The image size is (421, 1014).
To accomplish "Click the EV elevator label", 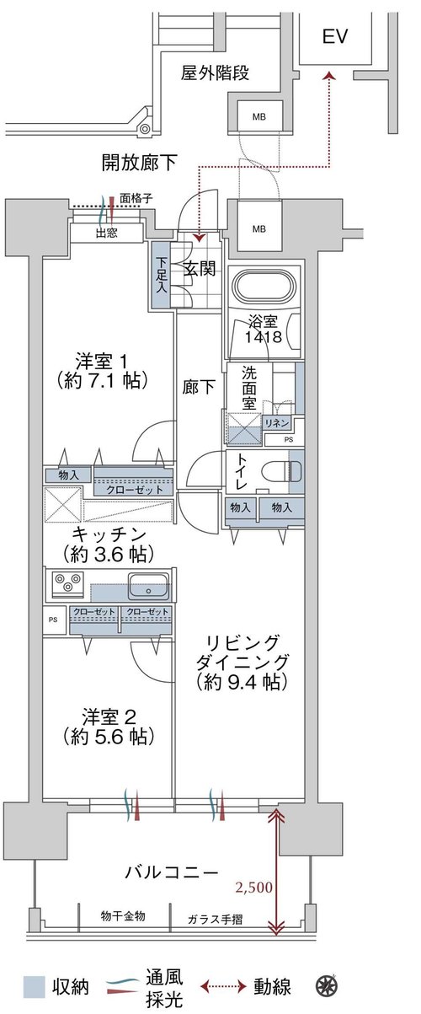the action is click(x=334, y=36).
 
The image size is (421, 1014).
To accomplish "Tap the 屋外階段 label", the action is click(x=215, y=72).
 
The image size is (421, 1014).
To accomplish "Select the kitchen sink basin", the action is click(x=149, y=586).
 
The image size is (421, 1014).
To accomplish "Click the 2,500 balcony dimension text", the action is click(x=254, y=888).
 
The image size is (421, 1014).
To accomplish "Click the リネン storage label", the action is click(x=277, y=423).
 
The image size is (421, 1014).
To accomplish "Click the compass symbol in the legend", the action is click(x=325, y=984).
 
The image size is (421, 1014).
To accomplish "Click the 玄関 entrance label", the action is click(x=199, y=269).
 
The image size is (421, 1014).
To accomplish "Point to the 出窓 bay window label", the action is click(x=107, y=233).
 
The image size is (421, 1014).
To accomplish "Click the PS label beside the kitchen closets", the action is click(x=53, y=620).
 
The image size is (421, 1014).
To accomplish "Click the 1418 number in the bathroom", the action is click(x=264, y=337).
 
